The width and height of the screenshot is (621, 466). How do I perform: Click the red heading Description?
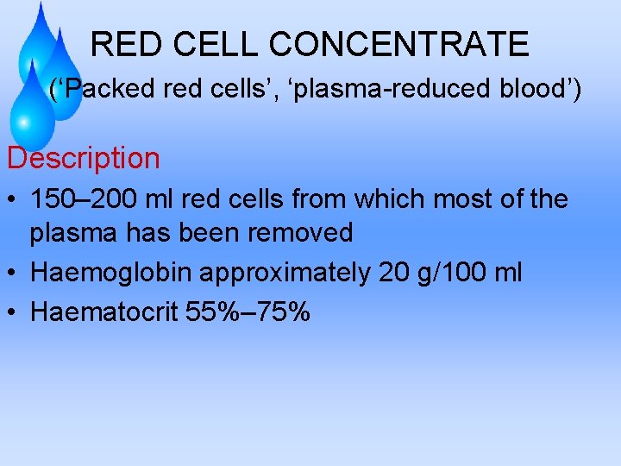[x=84, y=158]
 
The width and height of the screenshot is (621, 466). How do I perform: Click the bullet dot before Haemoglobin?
[x=12, y=273]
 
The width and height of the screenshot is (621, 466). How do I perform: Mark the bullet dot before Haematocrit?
[x=12, y=312]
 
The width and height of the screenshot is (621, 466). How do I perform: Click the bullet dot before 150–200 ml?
[x=12, y=200]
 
